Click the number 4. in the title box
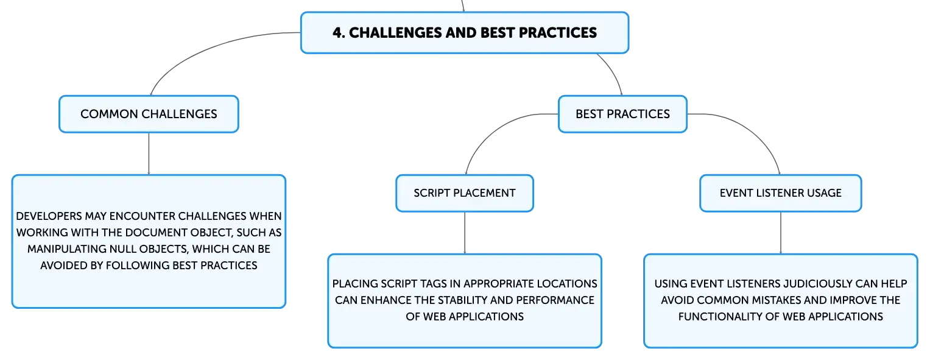(x=339, y=33)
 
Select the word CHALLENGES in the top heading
(x=395, y=33)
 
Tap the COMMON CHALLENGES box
(x=149, y=114)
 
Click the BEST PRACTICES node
(x=622, y=114)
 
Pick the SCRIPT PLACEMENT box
(x=465, y=193)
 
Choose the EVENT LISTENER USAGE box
(x=781, y=193)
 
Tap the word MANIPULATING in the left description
(x=66, y=249)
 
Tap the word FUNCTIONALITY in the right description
(x=720, y=316)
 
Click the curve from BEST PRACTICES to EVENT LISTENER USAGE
(x=752, y=131)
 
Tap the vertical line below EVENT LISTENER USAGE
(x=781, y=233)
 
